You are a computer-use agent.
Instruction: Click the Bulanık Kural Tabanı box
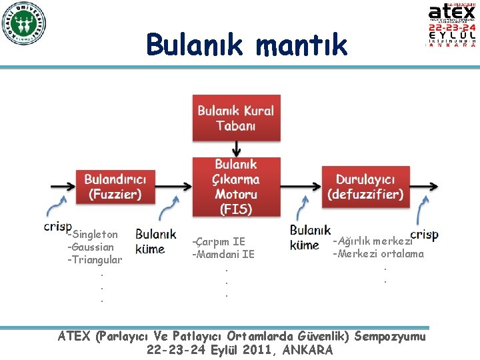pos(235,119)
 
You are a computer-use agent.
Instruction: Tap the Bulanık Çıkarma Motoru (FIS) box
pos(235,187)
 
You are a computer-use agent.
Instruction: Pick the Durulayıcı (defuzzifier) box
pos(365,187)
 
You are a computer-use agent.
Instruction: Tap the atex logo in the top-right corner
pos(452,25)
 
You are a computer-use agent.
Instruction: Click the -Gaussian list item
pos(91,247)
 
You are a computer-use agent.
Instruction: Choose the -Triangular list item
pos(94,260)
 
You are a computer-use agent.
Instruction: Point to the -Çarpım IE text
pos(219,242)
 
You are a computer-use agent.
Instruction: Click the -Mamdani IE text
pos(223,254)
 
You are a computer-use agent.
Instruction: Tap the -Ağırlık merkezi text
pos(372,241)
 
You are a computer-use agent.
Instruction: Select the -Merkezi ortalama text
pos(379,254)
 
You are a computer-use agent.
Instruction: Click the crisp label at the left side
pos(57,227)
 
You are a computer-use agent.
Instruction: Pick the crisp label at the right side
pos(424,235)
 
